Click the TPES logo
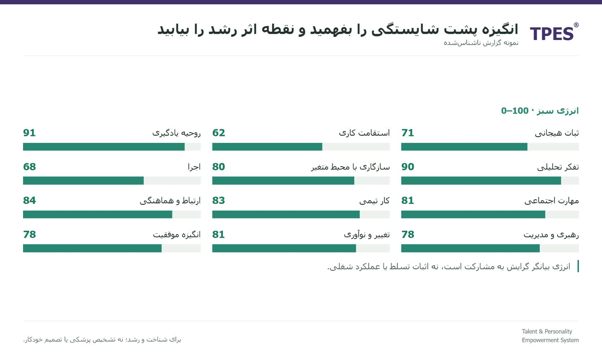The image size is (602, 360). pyautogui.click(x=552, y=34)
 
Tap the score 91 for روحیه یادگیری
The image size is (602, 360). pyautogui.click(x=29, y=133)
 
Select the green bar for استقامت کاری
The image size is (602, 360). pyautogui.click(x=267, y=147)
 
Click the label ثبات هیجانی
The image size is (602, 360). pyautogui.click(x=557, y=133)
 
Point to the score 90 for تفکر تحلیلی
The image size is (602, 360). pyautogui.click(x=408, y=167)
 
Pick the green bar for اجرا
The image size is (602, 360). pyautogui.click(x=83, y=180)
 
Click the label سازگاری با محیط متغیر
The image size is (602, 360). pyautogui.click(x=350, y=167)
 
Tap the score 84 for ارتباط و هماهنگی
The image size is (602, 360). pyautogui.click(x=29, y=201)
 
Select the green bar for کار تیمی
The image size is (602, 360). pyautogui.click(x=286, y=215)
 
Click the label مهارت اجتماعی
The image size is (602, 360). pyautogui.click(x=552, y=201)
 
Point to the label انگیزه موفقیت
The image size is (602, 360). pyautogui.click(x=177, y=234)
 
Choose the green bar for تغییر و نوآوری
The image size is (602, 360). pyautogui.click(x=284, y=248)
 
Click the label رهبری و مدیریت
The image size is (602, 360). pyautogui.click(x=551, y=235)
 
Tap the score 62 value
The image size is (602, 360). pyautogui.click(x=219, y=133)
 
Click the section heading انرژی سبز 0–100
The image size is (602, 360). pyautogui.click(x=540, y=111)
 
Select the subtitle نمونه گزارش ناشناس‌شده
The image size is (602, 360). pyautogui.click(x=481, y=43)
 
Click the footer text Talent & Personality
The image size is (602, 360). pyautogui.click(x=547, y=332)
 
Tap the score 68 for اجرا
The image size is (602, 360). pyautogui.click(x=29, y=167)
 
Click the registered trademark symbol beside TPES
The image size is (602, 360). pyautogui.click(x=576, y=25)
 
